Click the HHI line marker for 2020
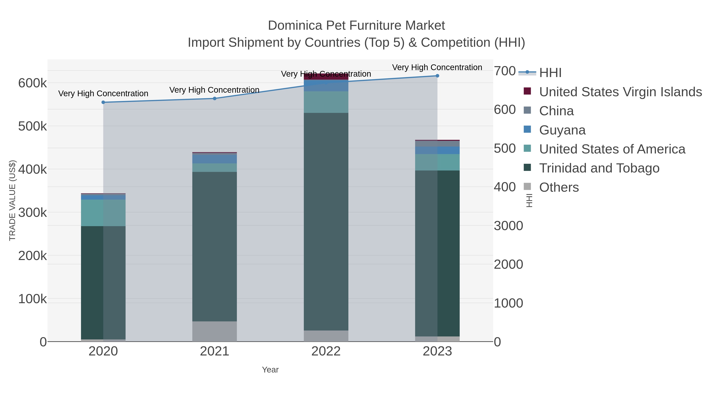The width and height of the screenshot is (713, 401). point(103,102)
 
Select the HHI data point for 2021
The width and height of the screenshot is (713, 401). point(214,99)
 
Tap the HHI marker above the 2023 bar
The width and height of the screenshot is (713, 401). point(437,76)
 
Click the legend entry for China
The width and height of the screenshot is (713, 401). point(556,111)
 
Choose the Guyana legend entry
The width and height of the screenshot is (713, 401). point(562,130)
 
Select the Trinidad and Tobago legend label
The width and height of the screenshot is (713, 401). point(599,168)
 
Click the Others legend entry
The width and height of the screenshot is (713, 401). point(559,187)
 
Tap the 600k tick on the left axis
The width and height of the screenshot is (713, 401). point(32,83)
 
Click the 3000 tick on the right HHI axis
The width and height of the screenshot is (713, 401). point(508,226)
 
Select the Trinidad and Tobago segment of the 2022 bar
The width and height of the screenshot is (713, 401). point(326,221)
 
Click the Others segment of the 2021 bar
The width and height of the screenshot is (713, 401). point(214,331)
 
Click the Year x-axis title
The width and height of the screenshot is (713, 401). point(270,370)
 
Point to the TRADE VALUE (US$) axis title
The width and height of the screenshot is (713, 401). point(12,200)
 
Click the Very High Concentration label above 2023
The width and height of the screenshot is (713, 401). point(437,68)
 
